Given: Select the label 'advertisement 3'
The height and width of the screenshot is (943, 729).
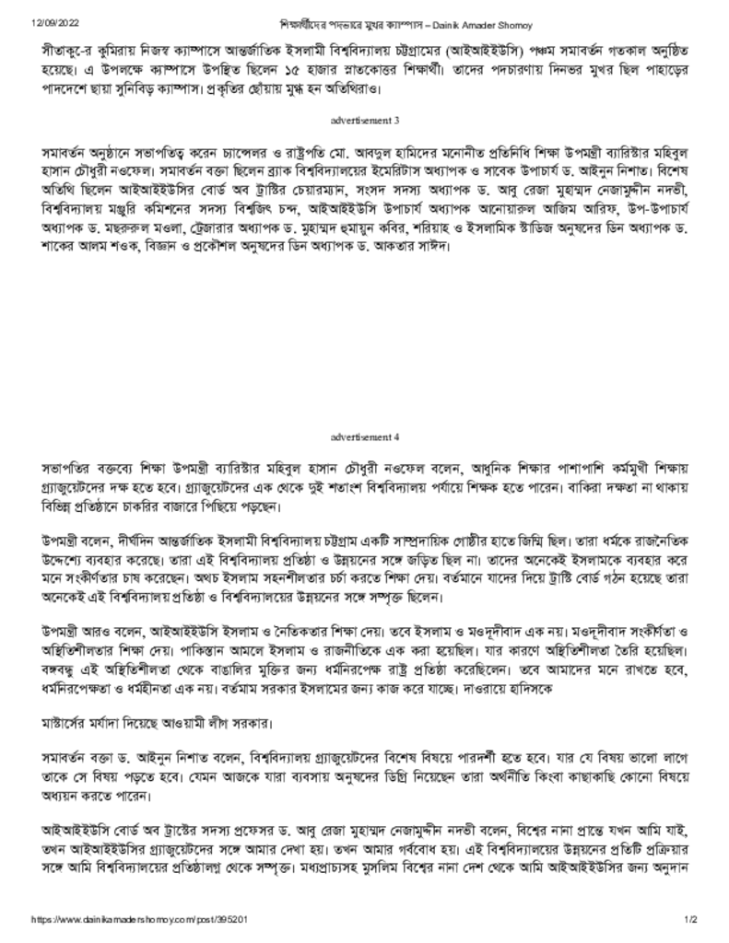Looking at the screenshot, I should tap(365, 121).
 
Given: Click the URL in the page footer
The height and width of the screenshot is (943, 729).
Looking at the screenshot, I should tap(139, 920).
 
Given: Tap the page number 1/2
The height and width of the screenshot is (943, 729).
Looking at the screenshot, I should tap(690, 920).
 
